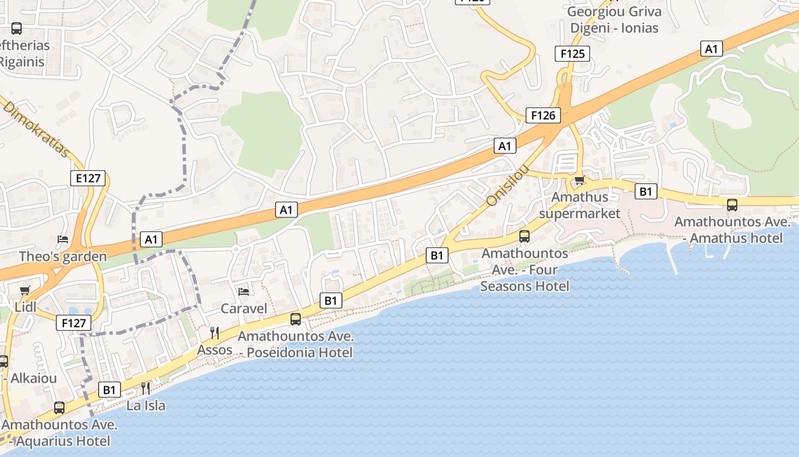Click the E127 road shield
(88, 178)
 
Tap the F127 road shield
(74, 323)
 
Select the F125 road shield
(572, 54)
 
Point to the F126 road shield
(543, 115)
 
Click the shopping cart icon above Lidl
(25, 291)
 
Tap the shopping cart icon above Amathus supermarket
(579, 181)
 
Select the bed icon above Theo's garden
(63, 239)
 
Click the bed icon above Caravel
(244, 292)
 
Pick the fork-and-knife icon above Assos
(215, 333)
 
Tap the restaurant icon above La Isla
(146, 389)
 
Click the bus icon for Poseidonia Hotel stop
(296, 319)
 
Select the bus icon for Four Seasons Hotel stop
(524, 236)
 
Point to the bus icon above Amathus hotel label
(732, 205)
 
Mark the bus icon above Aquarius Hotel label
(59, 408)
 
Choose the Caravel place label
(244, 308)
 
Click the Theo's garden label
(63, 256)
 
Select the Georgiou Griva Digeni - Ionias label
(615, 20)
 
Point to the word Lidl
(25, 307)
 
